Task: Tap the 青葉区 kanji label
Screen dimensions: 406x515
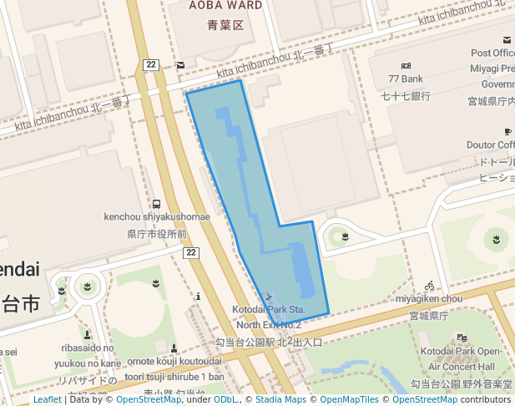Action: (x=225, y=25)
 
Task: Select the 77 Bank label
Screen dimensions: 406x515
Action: (x=406, y=79)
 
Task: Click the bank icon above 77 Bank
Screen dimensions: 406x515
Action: (x=406, y=65)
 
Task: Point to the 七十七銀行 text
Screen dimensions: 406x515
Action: (x=406, y=95)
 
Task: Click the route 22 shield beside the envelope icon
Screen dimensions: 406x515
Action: (x=151, y=64)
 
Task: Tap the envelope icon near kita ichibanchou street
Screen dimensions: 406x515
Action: (x=180, y=64)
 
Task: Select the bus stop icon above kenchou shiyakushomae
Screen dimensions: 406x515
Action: (x=157, y=204)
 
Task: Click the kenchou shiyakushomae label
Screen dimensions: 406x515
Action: (x=157, y=217)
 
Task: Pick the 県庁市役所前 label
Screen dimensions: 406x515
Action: (x=157, y=234)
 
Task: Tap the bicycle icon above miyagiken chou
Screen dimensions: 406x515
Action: (x=429, y=285)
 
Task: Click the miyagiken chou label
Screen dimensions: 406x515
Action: (x=429, y=298)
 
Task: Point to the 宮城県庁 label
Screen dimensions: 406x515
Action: (x=429, y=316)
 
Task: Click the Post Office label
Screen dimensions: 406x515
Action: (x=492, y=53)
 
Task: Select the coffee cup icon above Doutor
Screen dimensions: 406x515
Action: (x=507, y=131)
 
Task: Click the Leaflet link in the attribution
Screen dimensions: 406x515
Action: (x=47, y=399)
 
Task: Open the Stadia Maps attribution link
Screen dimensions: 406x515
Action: (x=280, y=399)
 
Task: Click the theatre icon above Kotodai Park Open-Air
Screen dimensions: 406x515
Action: (x=462, y=337)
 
